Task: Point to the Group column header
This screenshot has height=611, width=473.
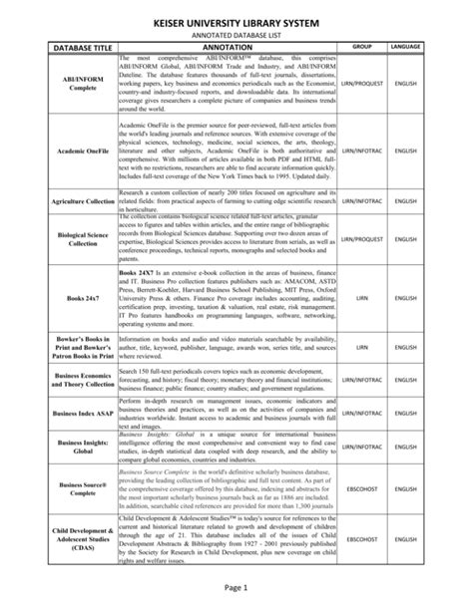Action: [361, 47]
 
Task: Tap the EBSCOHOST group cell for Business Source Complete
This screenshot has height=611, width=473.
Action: [361, 489]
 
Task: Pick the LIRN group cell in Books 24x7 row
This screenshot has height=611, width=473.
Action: [361, 298]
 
